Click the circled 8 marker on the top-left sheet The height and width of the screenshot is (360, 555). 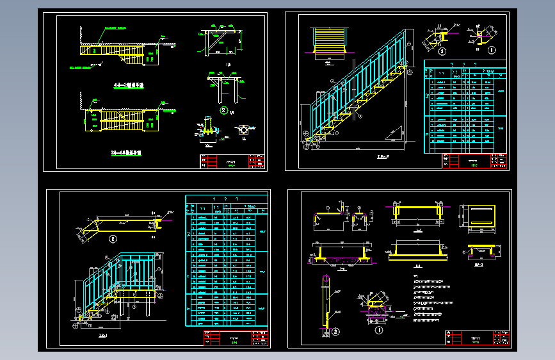pyautogui.click(x=223, y=110)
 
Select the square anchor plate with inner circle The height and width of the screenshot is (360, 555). pyautogui.click(x=245, y=130)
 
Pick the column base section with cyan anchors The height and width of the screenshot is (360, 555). pyautogui.click(x=207, y=128)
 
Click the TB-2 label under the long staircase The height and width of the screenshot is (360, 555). pyautogui.click(x=382, y=156)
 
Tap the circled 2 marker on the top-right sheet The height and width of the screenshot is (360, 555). pyautogui.click(x=442, y=50)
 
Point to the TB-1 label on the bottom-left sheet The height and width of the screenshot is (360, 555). pyautogui.click(x=103, y=334)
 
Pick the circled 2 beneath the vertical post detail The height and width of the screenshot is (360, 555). pyautogui.click(x=335, y=331)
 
